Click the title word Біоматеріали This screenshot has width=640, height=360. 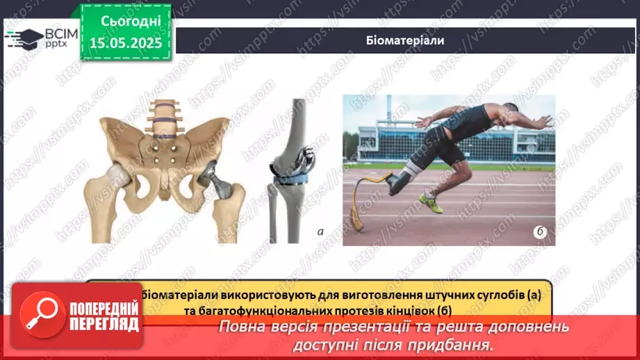click(404, 40)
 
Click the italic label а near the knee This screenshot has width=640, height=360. click(320, 232)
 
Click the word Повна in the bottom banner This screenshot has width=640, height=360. click(240, 327)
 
